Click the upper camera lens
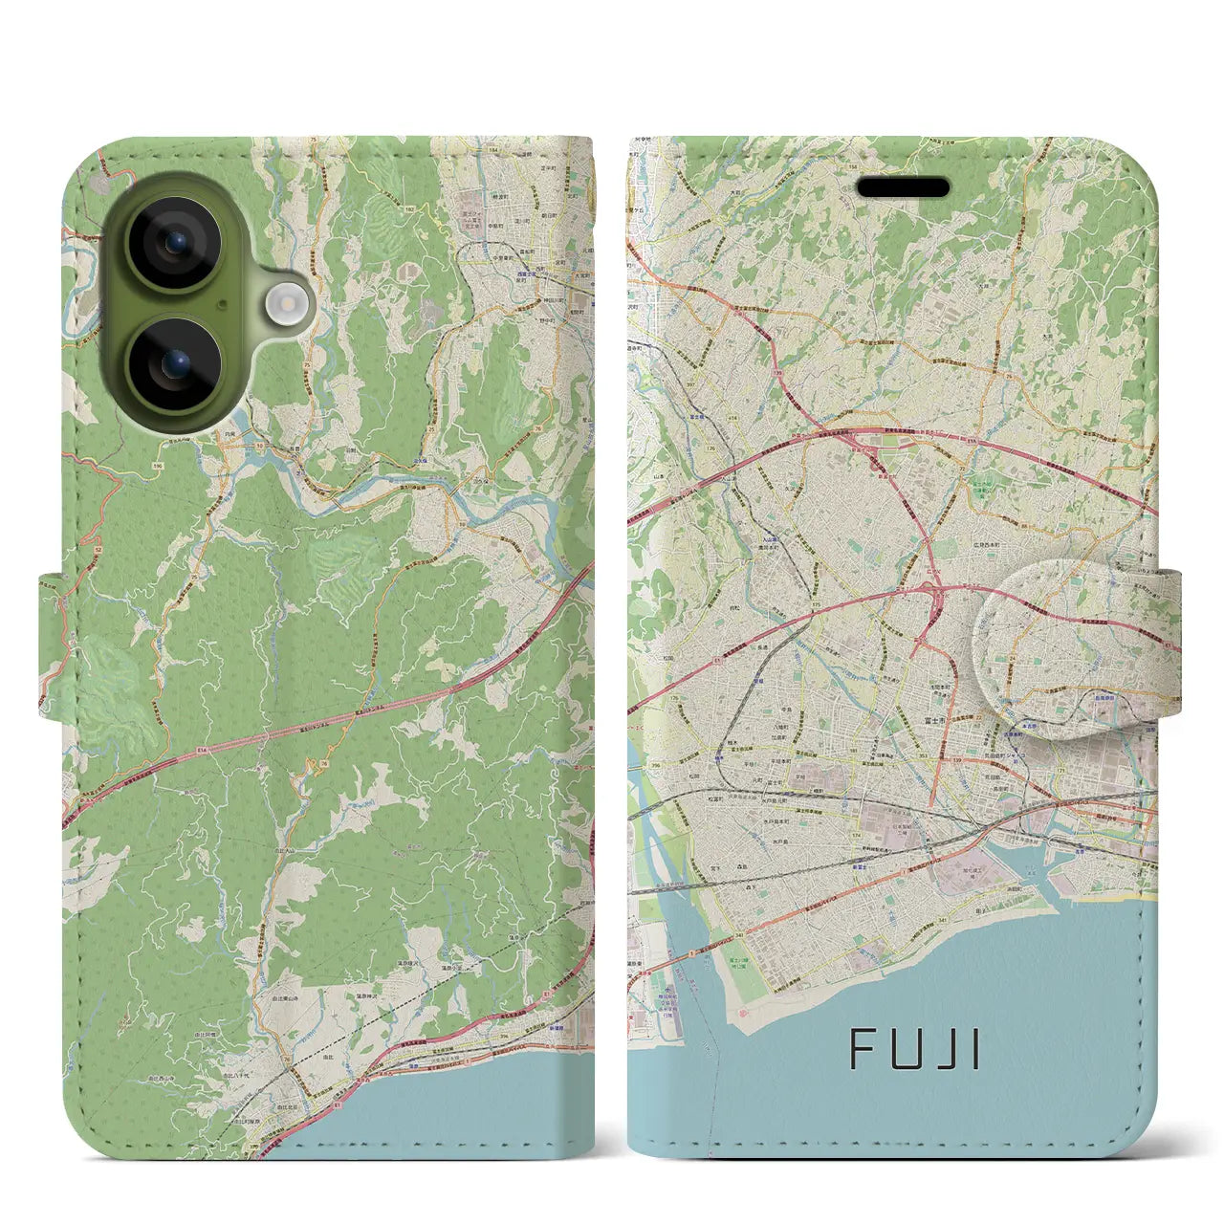(x=174, y=243)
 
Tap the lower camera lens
(x=174, y=363)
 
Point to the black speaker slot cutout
(x=903, y=187)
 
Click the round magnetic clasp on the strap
(x=1076, y=649)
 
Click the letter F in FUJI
(x=862, y=1051)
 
